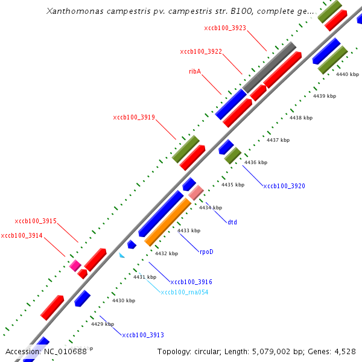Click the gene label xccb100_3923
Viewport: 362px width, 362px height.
(x=225, y=28)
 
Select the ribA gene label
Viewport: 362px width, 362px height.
(x=195, y=71)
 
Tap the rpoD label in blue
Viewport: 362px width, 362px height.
(x=206, y=252)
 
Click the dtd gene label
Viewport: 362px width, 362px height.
(x=232, y=222)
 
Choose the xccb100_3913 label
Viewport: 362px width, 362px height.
(x=143, y=335)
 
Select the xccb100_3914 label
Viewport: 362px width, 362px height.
(x=22, y=235)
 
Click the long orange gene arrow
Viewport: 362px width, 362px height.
(x=168, y=222)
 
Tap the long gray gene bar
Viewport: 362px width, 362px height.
(x=269, y=68)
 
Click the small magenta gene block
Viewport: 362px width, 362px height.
(x=75, y=265)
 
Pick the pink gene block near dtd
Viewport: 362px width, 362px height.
(x=195, y=192)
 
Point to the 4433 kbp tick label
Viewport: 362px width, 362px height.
(x=189, y=230)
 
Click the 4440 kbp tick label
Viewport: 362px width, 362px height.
(x=348, y=74)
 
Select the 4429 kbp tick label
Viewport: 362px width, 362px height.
(x=102, y=324)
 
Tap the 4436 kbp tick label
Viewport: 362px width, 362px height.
(x=255, y=162)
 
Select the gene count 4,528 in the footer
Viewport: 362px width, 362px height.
(x=344, y=351)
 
